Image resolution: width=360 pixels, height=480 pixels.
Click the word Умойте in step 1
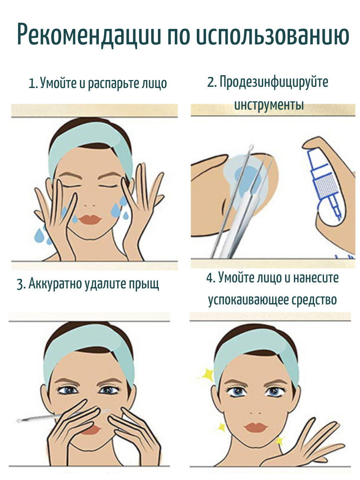58,84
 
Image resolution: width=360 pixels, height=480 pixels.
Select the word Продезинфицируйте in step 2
274,82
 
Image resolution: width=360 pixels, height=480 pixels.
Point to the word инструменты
269,105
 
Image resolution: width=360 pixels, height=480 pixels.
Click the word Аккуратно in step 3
55,283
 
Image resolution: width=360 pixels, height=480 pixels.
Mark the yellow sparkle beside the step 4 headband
208,374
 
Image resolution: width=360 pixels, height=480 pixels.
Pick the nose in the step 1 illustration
90,206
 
